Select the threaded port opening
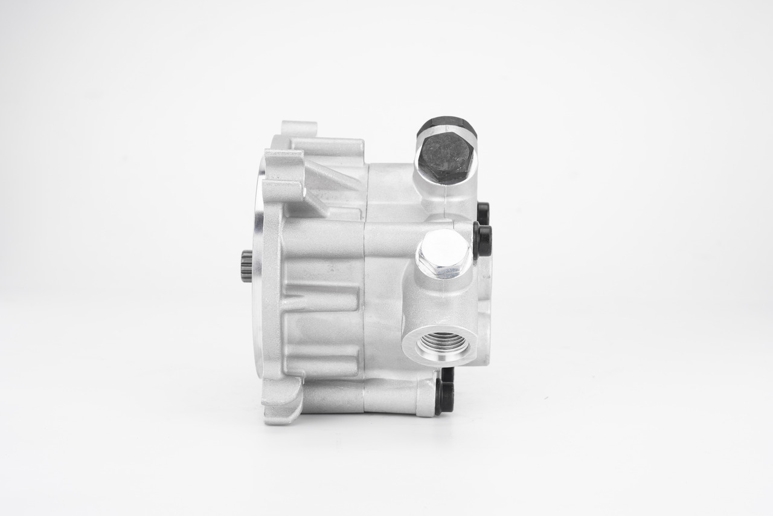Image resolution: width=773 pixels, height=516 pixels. point(443,344)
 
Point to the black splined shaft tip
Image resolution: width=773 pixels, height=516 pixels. point(246,266)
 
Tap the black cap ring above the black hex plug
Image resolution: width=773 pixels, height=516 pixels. point(446,126)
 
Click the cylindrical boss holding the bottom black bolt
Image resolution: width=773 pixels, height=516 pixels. point(425,397)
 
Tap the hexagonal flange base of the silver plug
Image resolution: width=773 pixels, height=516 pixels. point(444,271)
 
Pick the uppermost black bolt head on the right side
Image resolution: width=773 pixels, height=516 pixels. point(483,211)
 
